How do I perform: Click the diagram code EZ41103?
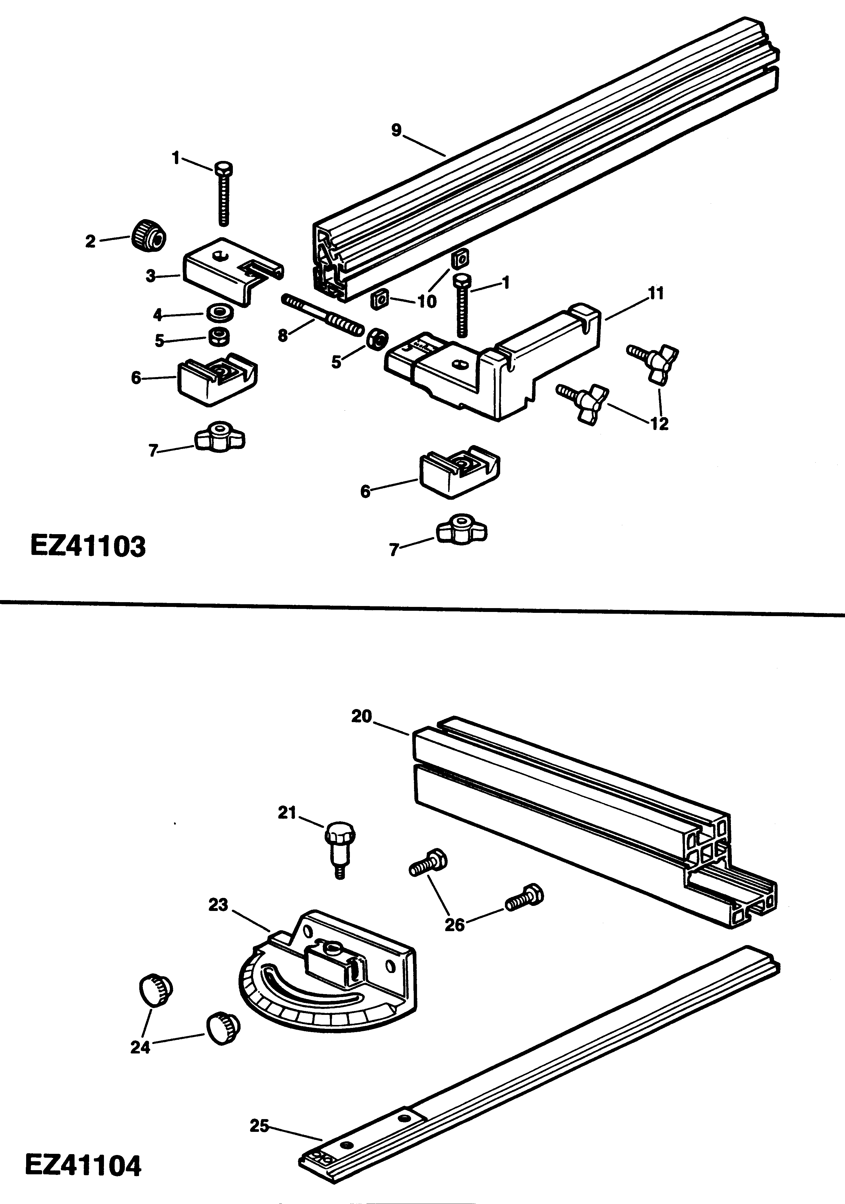coord(88,546)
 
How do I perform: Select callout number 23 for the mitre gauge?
coord(218,905)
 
